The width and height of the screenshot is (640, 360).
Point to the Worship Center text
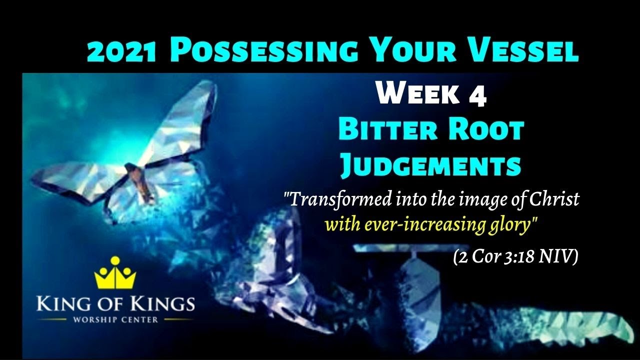coord(115,319)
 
